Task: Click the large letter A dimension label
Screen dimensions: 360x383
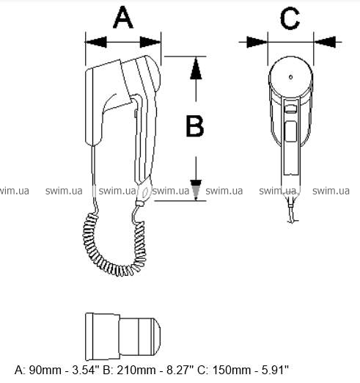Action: tap(123, 18)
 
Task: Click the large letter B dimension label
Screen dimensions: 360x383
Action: tap(195, 126)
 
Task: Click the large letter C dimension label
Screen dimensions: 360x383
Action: tap(290, 18)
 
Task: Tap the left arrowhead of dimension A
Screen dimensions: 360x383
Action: tap(96, 42)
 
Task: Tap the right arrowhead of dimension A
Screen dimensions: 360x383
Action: tap(150, 42)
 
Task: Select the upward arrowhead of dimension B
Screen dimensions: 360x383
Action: tap(196, 68)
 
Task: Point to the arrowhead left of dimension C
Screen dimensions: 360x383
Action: tap(257, 42)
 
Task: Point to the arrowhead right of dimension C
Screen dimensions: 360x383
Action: tap(325, 42)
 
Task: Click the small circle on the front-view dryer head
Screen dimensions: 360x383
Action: tap(290, 77)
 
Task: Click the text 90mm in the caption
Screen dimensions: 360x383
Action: tap(45, 370)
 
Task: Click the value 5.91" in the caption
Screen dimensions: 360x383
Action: tap(276, 370)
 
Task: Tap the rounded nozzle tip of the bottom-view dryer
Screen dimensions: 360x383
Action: tap(157, 337)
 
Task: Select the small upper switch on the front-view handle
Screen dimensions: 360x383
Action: tap(291, 109)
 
